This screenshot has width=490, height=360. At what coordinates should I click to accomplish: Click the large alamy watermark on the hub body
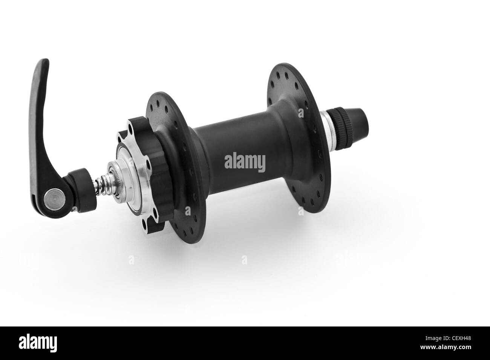click(245, 162)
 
